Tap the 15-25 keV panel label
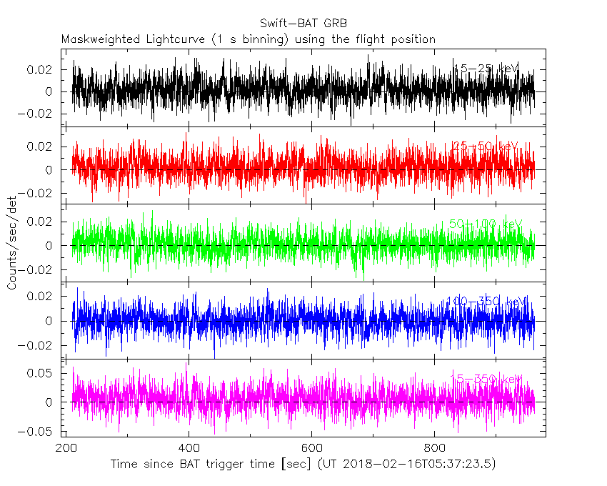point(486,69)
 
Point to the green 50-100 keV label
point(486,224)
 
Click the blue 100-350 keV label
point(486,302)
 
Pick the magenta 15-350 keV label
point(486,379)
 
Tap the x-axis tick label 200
point(66,448)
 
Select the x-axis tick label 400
point(189,448)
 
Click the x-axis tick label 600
point(312,448)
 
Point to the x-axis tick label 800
point(434,448)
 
